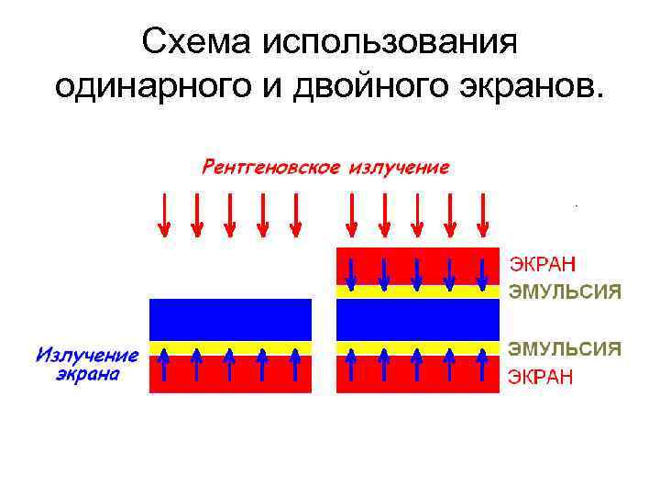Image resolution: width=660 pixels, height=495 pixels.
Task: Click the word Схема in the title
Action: click(x=195, y=43)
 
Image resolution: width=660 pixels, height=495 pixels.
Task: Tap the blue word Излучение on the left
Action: click(x=88, y=355)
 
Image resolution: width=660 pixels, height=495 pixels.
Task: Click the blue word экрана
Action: click(x=88, y=375)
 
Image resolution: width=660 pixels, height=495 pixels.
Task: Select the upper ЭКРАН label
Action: click(x=543, y=265)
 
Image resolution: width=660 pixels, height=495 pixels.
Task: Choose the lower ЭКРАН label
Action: click(x=541, y=378)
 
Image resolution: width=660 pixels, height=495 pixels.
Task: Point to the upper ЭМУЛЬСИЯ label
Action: click(x=565, y=293)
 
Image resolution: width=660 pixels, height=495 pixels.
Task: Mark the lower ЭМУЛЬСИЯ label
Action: click(x=565, y=349)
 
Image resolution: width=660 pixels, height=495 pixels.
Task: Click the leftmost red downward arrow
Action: click(x=164, y=214)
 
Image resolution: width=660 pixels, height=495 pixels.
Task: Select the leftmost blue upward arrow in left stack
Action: click(x=164, y=365)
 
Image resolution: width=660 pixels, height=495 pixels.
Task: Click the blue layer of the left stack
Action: click(x=230, y=320)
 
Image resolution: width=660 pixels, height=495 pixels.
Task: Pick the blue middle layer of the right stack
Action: click(x=418, y=320)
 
